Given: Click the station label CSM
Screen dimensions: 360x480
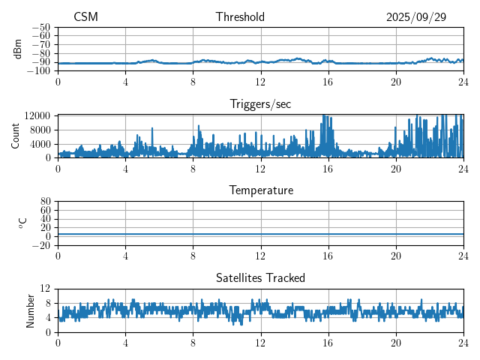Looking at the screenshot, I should click(85, 17).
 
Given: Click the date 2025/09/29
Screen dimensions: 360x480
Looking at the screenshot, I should click(416, 17).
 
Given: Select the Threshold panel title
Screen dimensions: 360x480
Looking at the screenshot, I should click(240, 17).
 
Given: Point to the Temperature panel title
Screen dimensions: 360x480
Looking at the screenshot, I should click(260, 190).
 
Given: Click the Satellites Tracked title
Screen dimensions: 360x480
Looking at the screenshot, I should click(260, 277).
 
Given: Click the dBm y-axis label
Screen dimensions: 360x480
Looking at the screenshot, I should click(18, 49).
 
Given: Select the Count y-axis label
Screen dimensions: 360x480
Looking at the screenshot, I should click(16, 136).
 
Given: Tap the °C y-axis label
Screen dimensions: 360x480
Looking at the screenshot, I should click(22, 223).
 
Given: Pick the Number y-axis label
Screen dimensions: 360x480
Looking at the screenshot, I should click(31, 310).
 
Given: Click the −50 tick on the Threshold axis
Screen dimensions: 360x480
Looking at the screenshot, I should click(41, 27).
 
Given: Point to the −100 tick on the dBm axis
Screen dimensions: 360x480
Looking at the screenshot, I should click(39, 71).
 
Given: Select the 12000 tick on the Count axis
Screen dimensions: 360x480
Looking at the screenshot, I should click(37, 116).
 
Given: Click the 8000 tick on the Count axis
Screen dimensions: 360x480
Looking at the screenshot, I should click(39, 130).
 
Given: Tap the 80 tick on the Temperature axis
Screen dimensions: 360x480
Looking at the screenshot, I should click(46, 202).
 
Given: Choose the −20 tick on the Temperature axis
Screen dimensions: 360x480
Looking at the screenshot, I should click(41, 245).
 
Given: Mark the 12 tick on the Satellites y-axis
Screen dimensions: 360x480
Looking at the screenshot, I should click(46, 289).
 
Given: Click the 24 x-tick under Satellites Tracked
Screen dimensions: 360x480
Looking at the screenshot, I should click(463, 343).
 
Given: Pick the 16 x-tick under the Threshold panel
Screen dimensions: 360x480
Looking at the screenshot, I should click(328, 82).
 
